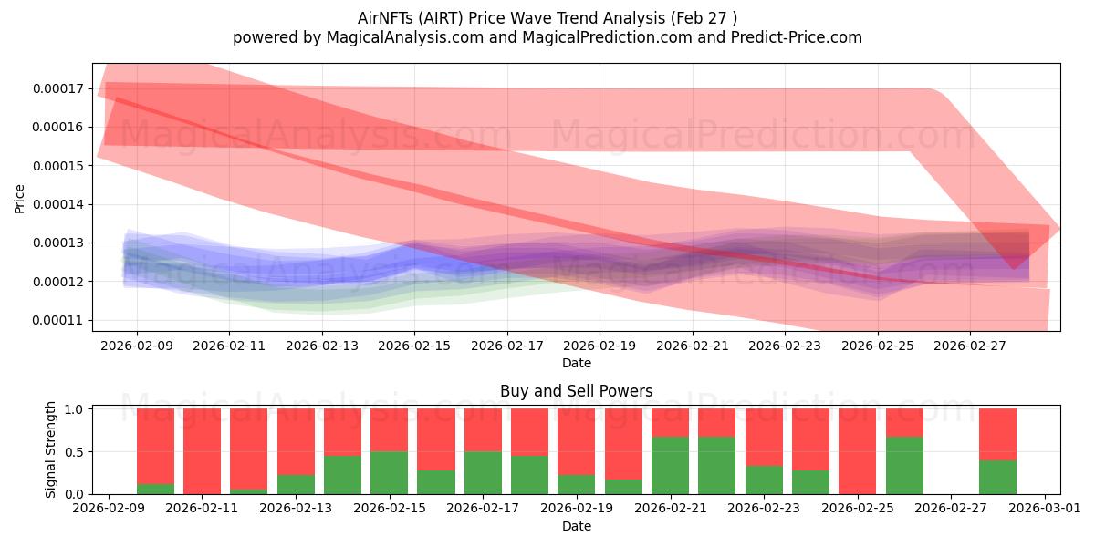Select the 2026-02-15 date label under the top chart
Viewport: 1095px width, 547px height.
tap(414, 346)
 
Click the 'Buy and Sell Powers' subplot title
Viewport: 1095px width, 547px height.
tap(576, 391)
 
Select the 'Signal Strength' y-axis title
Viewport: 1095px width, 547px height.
tap(51, 449)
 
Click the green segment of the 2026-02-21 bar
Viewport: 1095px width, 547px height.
tap(670, 465)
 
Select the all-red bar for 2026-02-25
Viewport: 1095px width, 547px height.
tap(857, 451)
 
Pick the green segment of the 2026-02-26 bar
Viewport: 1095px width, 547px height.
tap(903, 465)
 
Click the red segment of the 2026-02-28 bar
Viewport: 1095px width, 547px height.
tap(997, 434)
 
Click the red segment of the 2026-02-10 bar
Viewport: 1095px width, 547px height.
tap(155, 442)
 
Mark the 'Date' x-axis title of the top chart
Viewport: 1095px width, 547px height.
tap(576, 363)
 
